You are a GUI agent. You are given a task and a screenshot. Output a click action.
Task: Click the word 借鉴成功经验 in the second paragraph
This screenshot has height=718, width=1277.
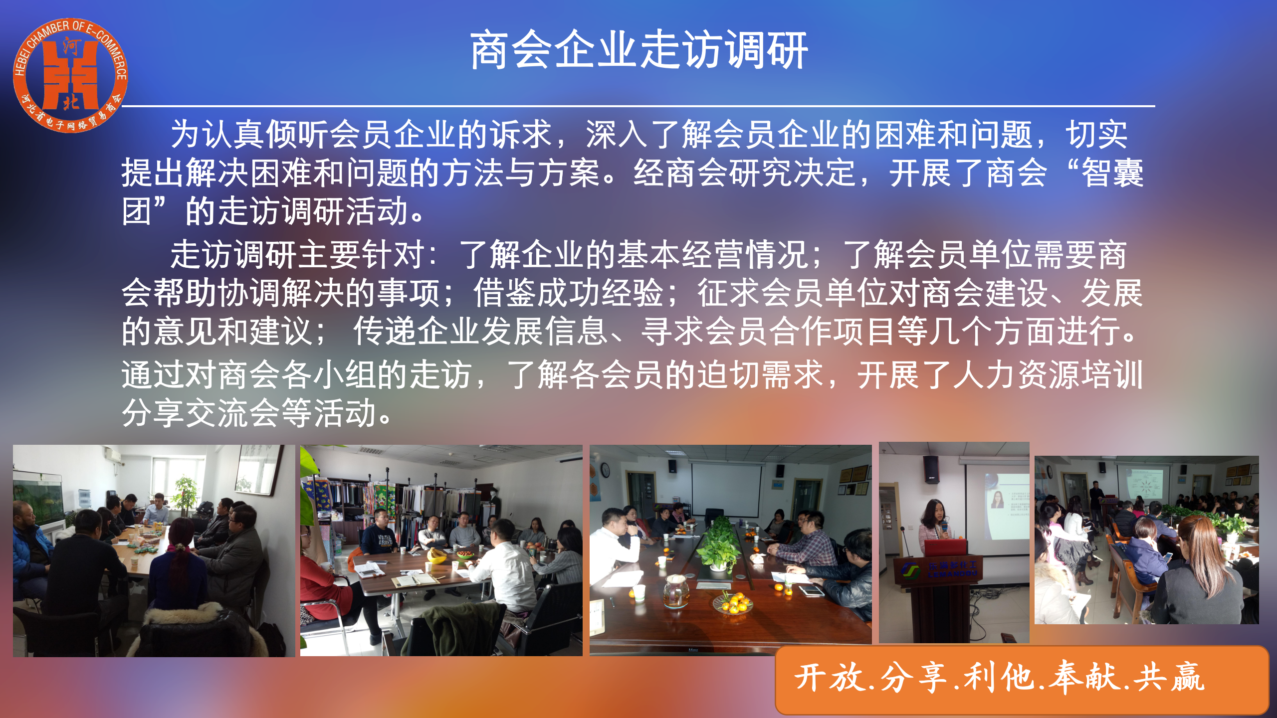pyautogui.click(x=568, y=293)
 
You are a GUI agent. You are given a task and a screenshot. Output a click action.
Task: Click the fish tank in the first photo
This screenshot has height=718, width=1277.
pyautogui.click(x=38, y=499)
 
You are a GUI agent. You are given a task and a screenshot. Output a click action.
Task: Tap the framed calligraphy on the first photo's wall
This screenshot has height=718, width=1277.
pyautogui.click(x=257, y=469)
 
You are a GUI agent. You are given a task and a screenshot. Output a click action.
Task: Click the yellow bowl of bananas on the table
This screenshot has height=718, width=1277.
pyautogui.click(x=437, y=555)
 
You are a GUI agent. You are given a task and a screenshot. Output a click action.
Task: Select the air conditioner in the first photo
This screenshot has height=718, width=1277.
pyautogui.click(x=112, y=455)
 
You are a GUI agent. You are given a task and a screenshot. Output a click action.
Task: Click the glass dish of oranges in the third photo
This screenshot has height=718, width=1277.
pyautogui.click(x=733, y=603)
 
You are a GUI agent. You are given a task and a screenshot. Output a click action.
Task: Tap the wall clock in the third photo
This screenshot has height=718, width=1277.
pyautogui.click(x=605, y=470)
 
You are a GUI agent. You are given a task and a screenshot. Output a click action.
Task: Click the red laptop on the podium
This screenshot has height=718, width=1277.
pyautogui.click(x=945, y=547)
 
